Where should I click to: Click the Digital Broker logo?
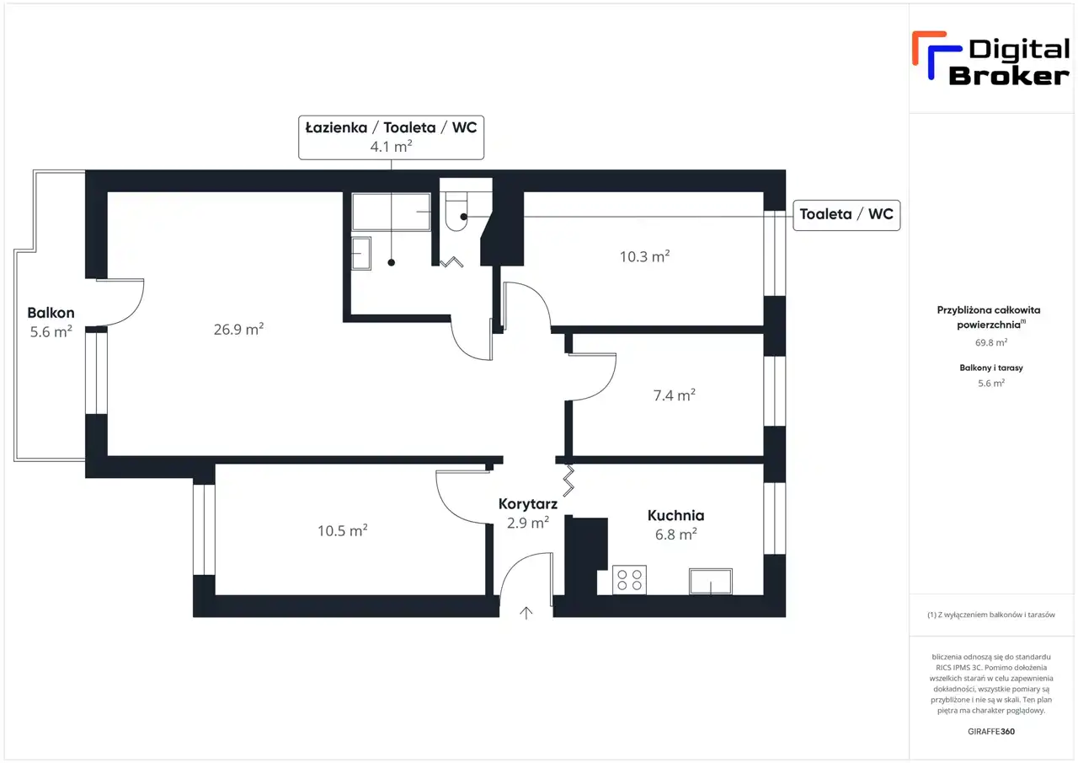point(991,60)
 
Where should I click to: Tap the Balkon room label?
point(51,313)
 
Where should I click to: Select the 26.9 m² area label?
point(238,329)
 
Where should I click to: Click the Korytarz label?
point(528,504)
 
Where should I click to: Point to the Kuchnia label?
point(675,515)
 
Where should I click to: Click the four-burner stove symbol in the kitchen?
point(629,579)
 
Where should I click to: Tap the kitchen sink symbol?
point(711,581)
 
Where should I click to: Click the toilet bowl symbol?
point(456,212)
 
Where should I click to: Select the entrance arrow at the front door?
point(526,612)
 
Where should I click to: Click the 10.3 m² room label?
point(644,256)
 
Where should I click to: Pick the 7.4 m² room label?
point(675,395)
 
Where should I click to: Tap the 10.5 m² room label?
point(343,530)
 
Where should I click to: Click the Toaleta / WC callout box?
point(846,215)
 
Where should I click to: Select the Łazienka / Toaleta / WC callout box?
point(392,137)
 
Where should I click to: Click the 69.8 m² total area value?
point(991,342)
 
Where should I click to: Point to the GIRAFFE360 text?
point(991,731)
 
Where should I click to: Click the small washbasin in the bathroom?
point(361,254)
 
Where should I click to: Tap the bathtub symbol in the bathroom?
point(392,212)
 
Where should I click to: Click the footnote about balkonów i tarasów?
point(991,615)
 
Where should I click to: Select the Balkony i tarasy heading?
point(991,368)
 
